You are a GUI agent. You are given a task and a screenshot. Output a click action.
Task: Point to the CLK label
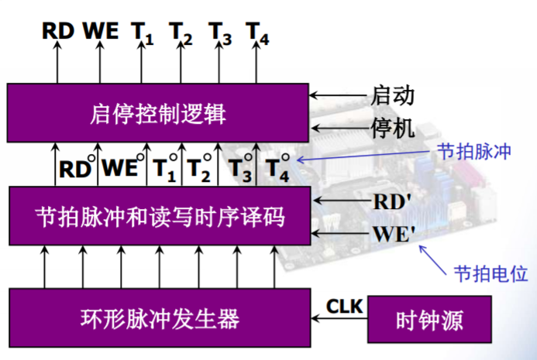pyautogui.click(x=344, y=307)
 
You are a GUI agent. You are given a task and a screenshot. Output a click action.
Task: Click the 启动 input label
pyautogui.click(x=393, y=96)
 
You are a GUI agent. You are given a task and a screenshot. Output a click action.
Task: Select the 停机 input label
pyautogui.click(x=393, y=127)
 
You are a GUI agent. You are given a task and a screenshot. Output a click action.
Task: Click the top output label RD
pyautogui.click(x=57, y=31)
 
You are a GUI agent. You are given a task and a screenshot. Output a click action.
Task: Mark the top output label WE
pyautogui.click(x=101, y=31)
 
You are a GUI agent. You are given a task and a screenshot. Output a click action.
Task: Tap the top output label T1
pyautogui.click(x=142, y=33)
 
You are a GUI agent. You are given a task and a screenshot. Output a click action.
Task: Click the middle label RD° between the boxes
pyautogui.click(x=77, y=168)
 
